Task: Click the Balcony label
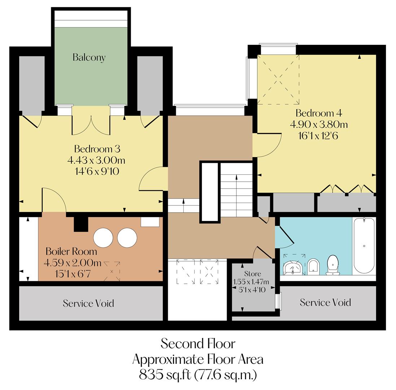click(x=89, y=57)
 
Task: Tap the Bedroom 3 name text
click(x=97, y=149)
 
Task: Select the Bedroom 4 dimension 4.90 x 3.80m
click(x=319, y=125)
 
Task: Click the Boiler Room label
click(x=71, y=251)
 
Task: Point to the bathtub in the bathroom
click(x=364, y=245)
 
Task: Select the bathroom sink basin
click(x=292, y=267)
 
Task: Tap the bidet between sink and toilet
click(x=313, y=266)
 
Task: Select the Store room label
click(x=252, y=274)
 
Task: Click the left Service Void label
click(x=88, y=303)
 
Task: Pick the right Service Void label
click(x=325, y=302)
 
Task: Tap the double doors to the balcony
click(x=91, y=125)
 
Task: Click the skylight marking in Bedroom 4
click(x=278, y=80)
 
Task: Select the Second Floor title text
click(x=198, y=343)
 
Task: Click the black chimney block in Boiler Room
click(x=81, y=224)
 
